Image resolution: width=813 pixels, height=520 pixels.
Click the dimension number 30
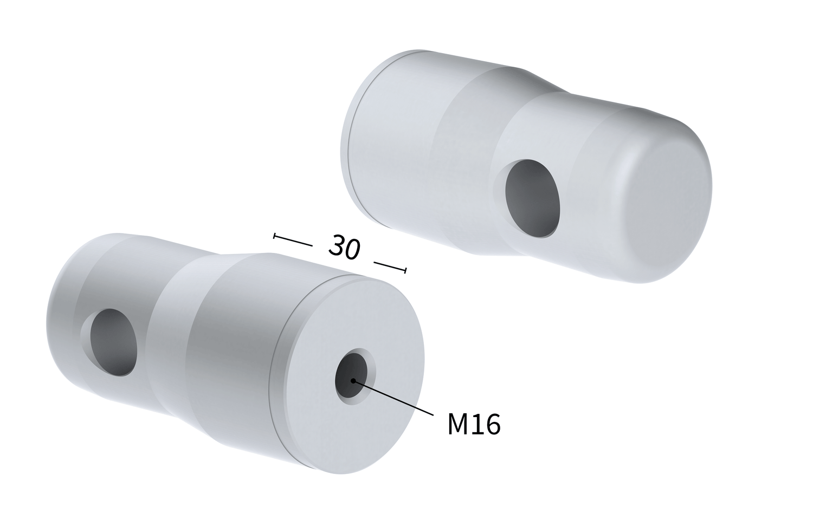click(344, 247)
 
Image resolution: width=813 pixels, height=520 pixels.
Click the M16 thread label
click(474, 424)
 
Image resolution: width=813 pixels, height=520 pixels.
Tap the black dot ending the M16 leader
click(353, 380)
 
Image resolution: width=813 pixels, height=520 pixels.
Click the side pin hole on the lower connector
click(113, 342)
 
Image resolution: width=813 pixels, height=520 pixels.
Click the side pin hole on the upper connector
click(532, 198)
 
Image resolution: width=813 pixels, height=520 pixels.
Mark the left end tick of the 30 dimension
click(275, 236)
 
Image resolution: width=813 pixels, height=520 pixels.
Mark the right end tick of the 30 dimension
click(405, 270)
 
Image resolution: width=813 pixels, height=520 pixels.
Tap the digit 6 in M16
click(492, 424)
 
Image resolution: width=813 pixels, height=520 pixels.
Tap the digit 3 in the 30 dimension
click(337, 245)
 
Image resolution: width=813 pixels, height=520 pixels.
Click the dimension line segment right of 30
click(389, 265)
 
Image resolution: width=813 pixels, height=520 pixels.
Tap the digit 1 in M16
click(476, 424)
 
